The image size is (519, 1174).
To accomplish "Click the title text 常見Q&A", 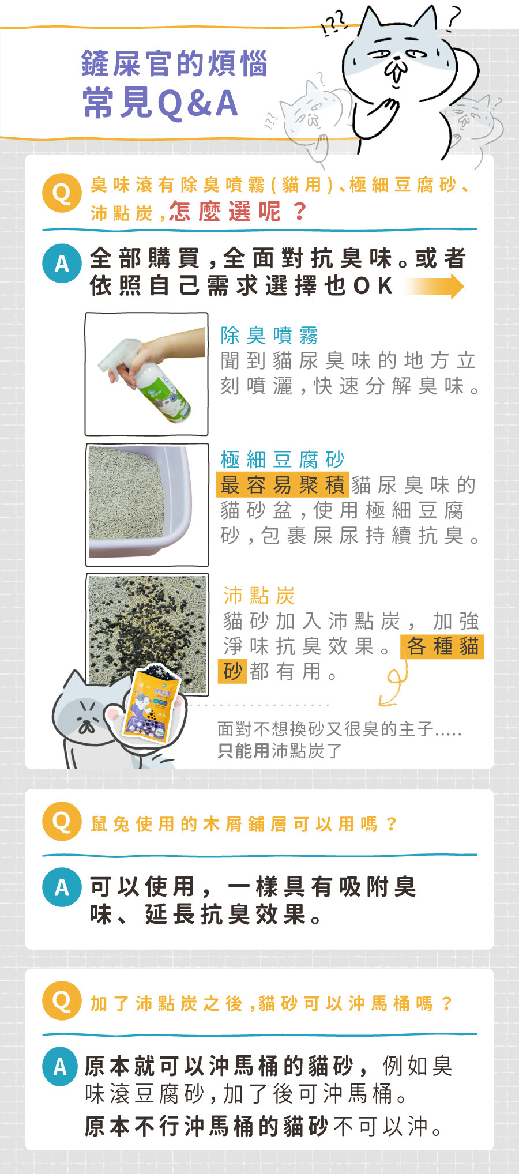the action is click(160, 103).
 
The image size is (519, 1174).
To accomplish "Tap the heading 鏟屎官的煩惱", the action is click(174, 63).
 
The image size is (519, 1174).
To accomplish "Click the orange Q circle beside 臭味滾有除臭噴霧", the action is click(62, 193).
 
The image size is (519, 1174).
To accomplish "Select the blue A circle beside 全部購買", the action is click(62, 264).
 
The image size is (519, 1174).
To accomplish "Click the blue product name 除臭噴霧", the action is click(270, 335).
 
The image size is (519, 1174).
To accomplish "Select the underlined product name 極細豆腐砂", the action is click(283, 460).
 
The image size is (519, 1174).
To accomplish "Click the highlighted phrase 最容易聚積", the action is click(283, 484).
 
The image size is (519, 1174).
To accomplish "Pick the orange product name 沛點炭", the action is click(259, 596).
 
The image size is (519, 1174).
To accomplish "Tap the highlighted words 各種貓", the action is click(443, 646).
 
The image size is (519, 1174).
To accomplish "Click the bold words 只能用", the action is click(243, 751).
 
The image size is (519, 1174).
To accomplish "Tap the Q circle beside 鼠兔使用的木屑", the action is click(62, 821).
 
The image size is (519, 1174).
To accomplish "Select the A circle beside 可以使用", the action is click(62, 887).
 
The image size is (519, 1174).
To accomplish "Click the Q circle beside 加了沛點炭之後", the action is click(62, 1000).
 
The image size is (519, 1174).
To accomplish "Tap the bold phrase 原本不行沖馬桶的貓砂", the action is click(206, 1126).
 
